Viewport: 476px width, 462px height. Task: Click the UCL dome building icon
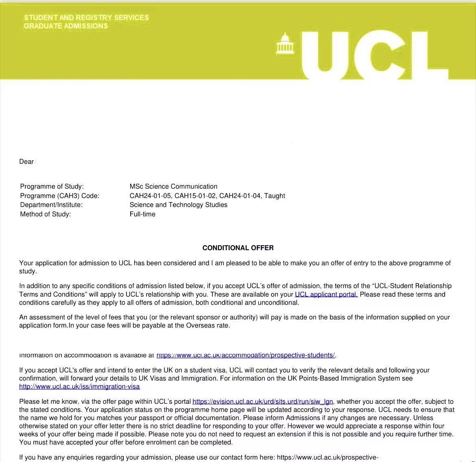pos(285,44)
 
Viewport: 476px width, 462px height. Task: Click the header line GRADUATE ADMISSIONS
pos(66,26)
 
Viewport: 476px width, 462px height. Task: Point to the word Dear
pos(26,162)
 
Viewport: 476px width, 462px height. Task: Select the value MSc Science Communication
pos(173,187)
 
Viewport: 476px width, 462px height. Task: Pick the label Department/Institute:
pos(51,205)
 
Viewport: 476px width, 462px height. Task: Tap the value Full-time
pos(142,214)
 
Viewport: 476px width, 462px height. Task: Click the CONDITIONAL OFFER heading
pos(238,248)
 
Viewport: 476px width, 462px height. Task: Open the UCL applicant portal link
pos(326,295)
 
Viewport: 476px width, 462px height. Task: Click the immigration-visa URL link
pos(79,387)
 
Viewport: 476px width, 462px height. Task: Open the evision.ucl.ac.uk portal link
pos(263,402)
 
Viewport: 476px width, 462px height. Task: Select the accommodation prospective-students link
pos(246,355)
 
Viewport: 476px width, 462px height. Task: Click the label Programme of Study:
pos(52,187)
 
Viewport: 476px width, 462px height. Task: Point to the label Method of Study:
pos(45,214)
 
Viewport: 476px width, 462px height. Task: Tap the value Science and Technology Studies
pos(178,205)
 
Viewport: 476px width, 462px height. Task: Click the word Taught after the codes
pos(275,196)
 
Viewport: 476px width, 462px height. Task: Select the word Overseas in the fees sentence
pos(201,326)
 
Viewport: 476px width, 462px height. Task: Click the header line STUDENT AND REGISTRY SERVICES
pos(86,18)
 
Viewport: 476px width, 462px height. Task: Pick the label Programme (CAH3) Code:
pos(59,196)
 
